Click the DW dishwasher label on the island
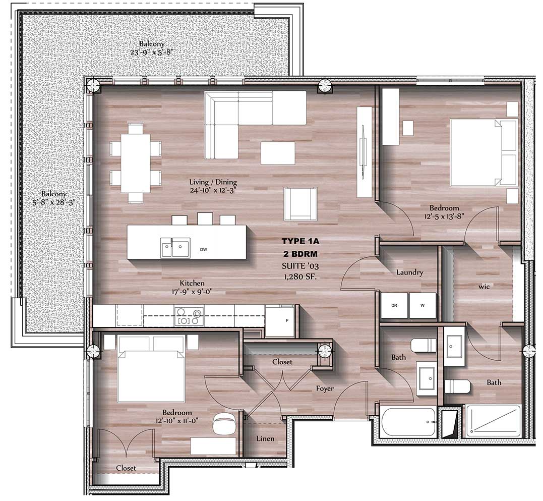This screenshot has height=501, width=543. click(204, 249)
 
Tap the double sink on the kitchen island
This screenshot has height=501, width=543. click(175, 248)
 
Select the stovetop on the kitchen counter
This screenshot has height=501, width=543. click(189, 316)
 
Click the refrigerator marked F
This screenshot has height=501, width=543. click(280, 321)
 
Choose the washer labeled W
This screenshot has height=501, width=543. click(422, 306)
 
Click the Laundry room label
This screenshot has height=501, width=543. click(409, 272)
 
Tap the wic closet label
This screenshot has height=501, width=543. click(485, 286)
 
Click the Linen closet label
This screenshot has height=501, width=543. click(265, 438)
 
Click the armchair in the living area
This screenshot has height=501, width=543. click(300, 204)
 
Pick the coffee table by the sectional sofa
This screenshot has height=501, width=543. click(278, 153)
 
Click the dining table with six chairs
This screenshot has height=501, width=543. click(136, 162)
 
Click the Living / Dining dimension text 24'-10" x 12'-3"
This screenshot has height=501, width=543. click(213, 190)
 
